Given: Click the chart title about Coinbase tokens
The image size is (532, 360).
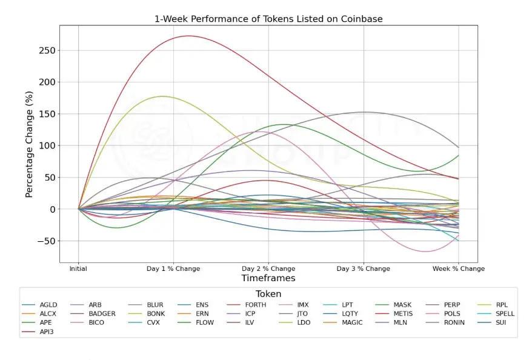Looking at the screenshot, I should tap(268, 19).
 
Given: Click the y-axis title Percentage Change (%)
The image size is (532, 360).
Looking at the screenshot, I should tap(29, 144).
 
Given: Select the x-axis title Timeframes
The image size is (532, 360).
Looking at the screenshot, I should tap(268, 278).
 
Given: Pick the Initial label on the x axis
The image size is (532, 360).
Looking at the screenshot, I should tap(78, 268).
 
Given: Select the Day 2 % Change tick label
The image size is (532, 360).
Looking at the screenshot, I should tap(268, 268).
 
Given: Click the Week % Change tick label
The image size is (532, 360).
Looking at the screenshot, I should tap(458, 268).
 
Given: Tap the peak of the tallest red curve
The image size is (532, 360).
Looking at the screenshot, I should tap(188, 36).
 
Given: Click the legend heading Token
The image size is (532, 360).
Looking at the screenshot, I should tap(268, 293).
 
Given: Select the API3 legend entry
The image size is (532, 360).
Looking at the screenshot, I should tap(47, 332).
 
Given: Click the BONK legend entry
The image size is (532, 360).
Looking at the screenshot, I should tap(159, 314).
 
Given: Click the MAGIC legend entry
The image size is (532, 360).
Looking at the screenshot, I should tap(352, 322).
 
